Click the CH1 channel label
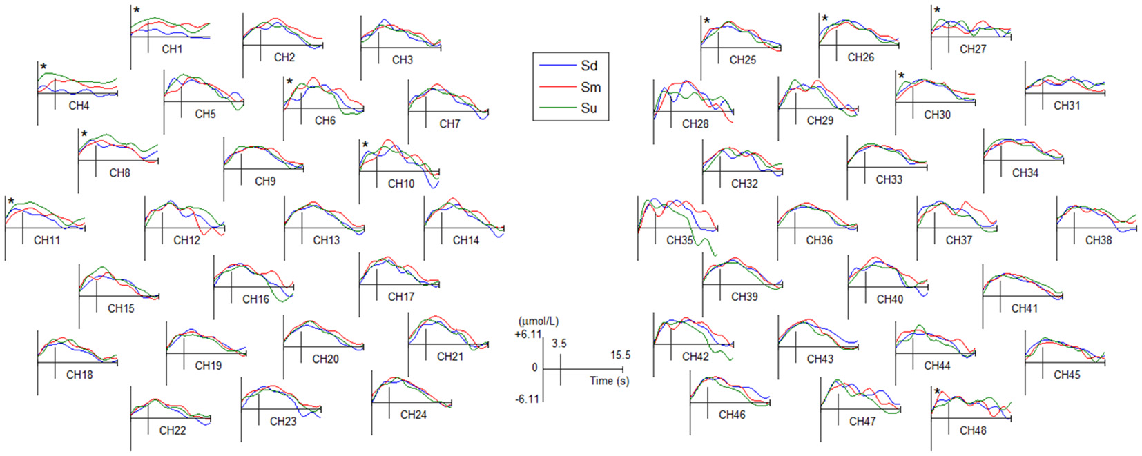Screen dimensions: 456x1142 172,49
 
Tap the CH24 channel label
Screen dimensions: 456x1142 413,415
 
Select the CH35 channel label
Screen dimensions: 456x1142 679,240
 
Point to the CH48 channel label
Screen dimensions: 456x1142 972,430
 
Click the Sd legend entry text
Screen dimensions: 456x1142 589,66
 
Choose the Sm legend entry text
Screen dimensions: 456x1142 590,88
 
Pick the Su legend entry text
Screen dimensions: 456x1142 589,108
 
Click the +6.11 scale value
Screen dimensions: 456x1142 528,335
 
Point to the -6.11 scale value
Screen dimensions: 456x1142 528,399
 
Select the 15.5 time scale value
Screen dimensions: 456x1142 620,355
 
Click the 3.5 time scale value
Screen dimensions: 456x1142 559,344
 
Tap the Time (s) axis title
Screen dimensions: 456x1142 609,381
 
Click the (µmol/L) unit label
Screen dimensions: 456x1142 538,321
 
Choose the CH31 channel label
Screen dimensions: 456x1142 1066,106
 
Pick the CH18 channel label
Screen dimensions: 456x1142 79,375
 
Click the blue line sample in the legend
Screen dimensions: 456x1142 557,66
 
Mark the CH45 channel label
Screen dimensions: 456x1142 1066,375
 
